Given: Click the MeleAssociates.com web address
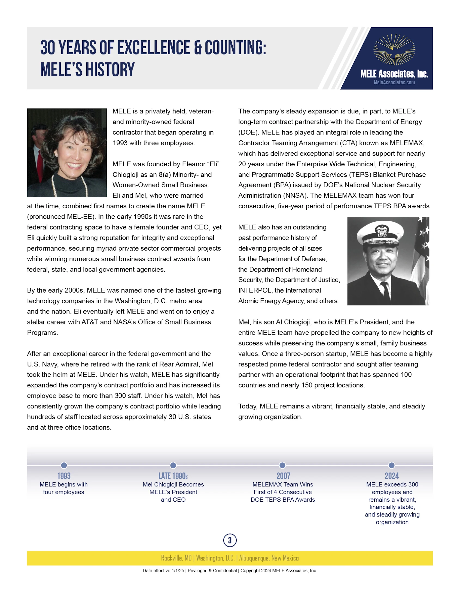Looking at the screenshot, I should tap(394, 82).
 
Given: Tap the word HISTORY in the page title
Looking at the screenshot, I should tap(110, 70).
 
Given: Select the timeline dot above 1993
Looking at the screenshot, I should tap(64, 465).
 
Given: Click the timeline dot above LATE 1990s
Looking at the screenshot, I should tap(173, 465).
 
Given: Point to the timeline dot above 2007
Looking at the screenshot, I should tap(282, 465).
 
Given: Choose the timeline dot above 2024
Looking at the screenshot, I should tap(392, 465).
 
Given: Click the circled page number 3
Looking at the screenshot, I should tap(230, 540).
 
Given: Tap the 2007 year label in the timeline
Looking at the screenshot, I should tap(283, 476).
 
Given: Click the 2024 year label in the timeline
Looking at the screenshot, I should tap(392, 476).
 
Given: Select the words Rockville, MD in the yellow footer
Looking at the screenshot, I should tap(176, 558).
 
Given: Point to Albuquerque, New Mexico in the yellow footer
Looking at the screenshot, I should tap(269, 558).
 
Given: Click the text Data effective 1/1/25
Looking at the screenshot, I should tap(163, 571).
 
